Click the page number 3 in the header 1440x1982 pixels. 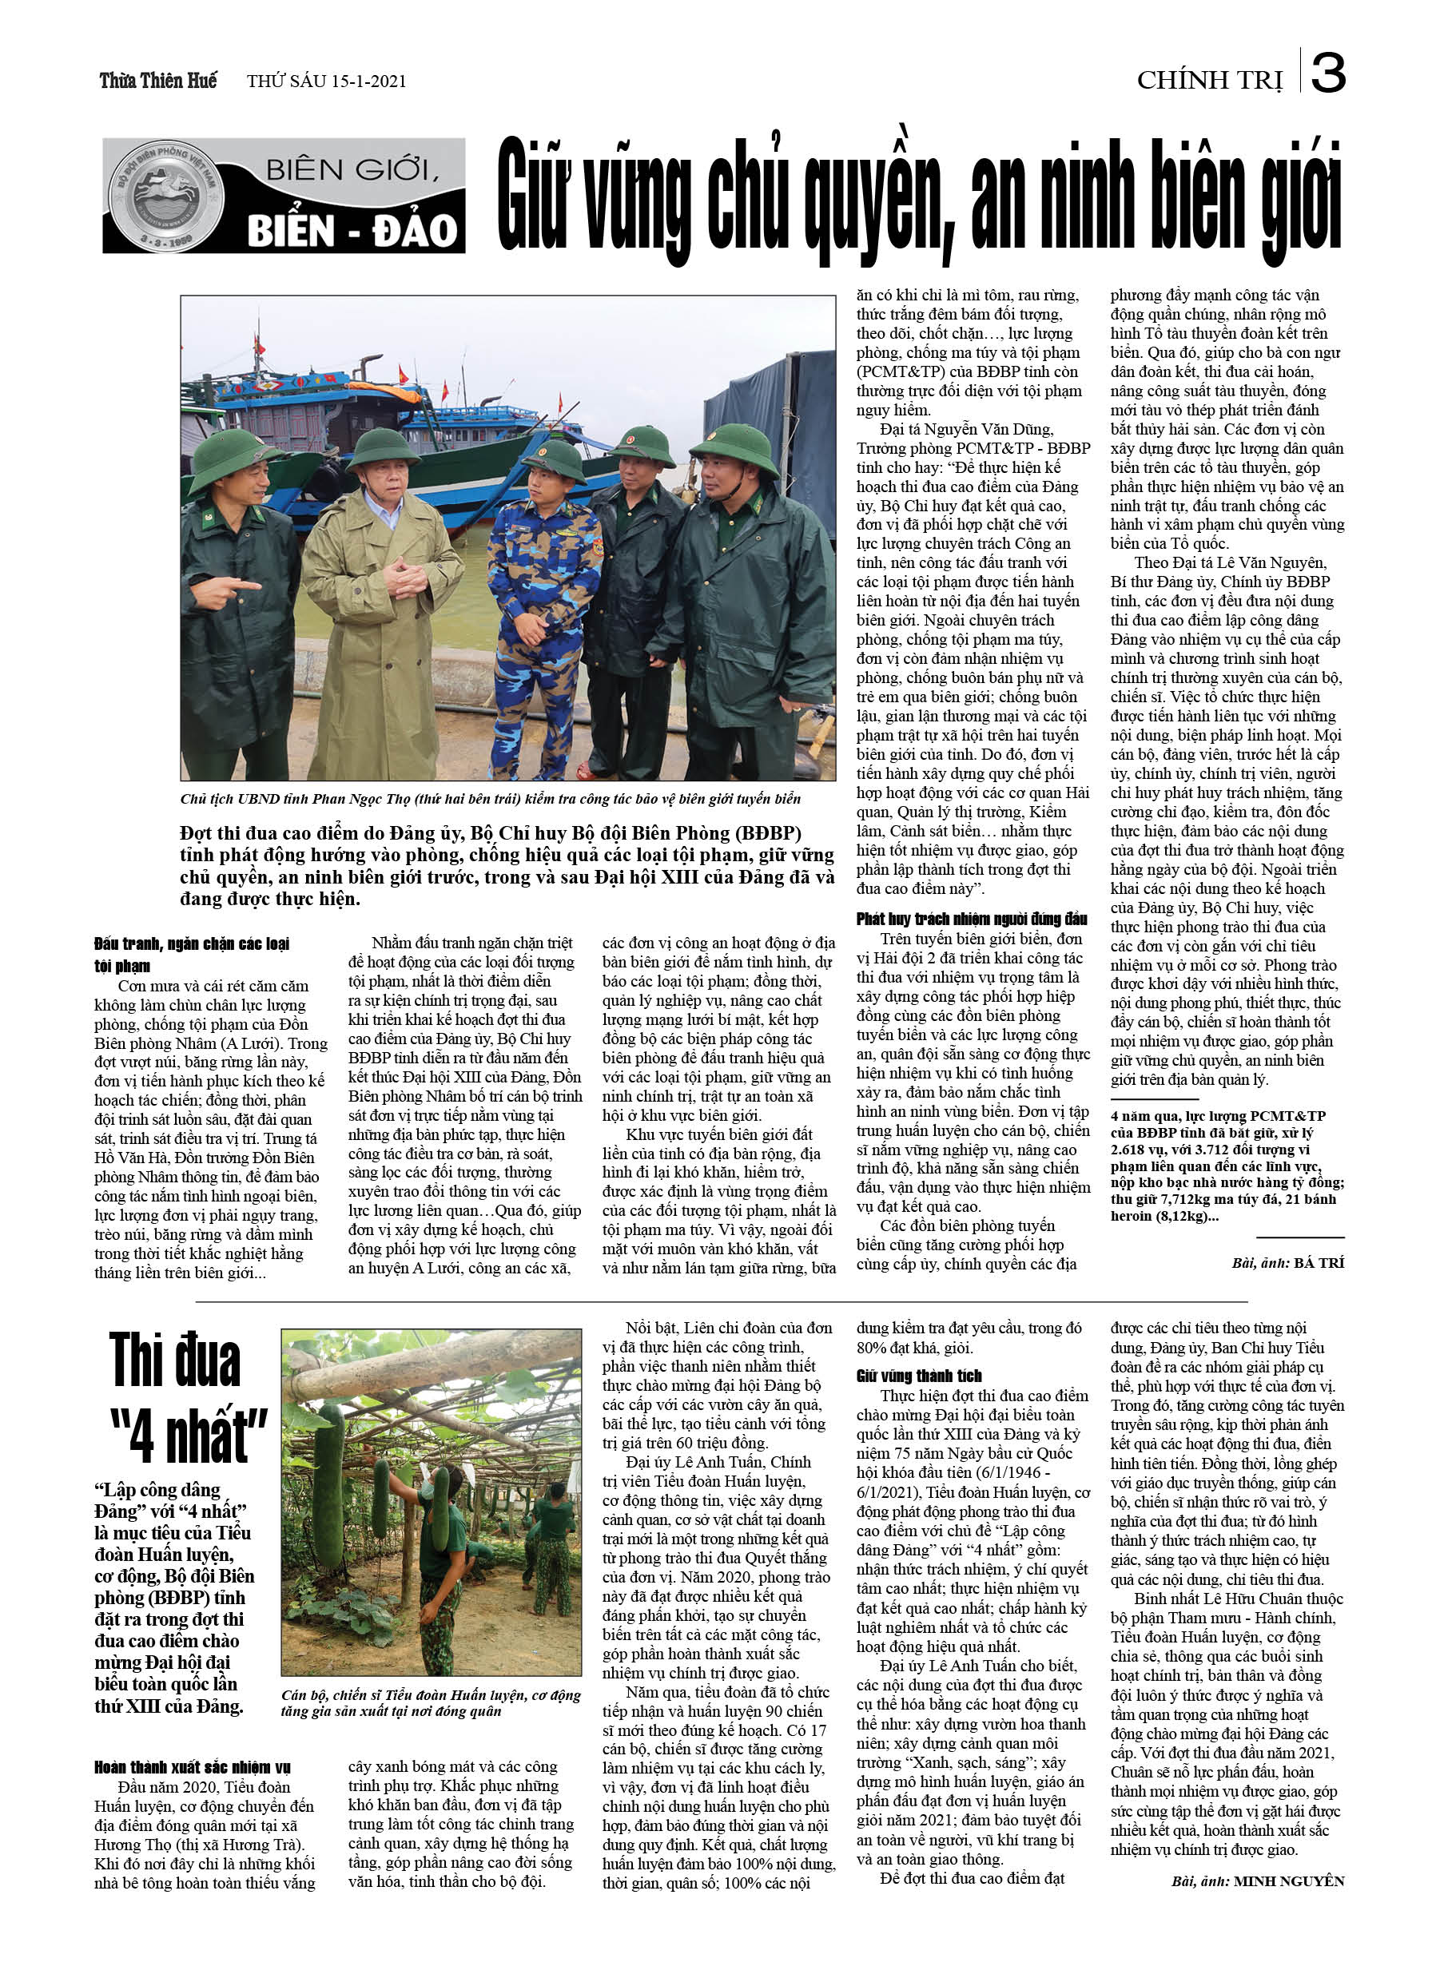pos(1327,73)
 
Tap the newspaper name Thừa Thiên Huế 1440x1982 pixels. pos(158,81)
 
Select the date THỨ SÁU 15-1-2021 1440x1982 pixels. pos(326,81)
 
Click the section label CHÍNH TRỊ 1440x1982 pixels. pos(1209,81)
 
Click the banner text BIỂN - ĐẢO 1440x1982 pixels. pos(352,232)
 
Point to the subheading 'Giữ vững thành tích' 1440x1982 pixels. pos(919,1376)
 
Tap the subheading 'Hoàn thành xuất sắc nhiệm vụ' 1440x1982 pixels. pos(193,1767)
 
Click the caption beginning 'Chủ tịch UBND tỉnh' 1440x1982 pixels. pos(490,799)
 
